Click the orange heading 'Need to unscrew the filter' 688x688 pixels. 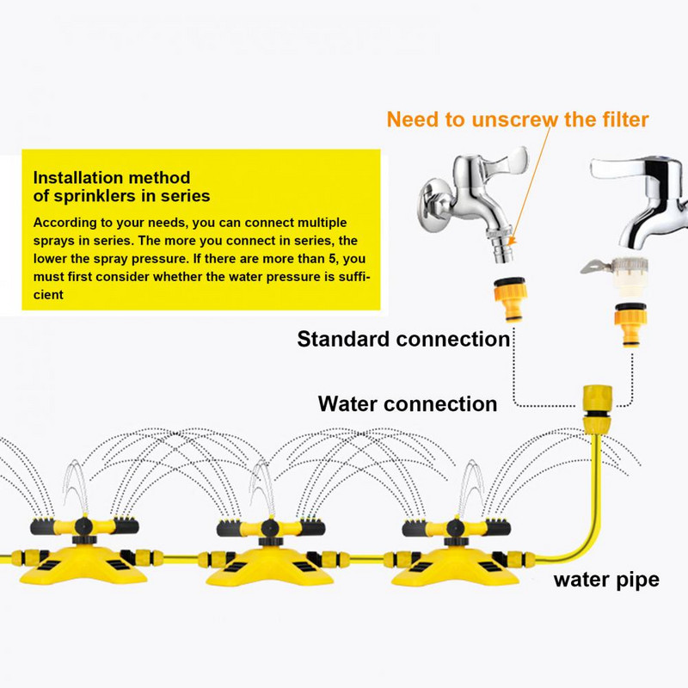tap(517, 119)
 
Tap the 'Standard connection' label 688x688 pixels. tap(403, 339)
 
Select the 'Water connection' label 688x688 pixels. tap(407, 403)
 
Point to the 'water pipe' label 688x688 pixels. tap(605, 579)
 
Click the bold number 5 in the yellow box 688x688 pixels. tap(323, 258)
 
